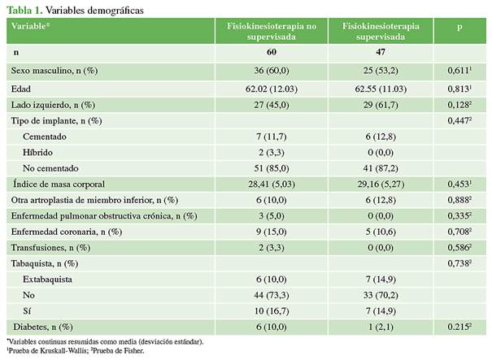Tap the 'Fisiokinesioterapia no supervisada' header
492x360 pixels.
[x=272, y=32]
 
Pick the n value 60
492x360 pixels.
[x=272, y=53]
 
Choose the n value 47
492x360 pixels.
[x=381, y=53]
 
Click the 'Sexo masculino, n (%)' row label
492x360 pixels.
[x=54, y=71]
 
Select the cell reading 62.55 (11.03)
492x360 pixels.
[x=381, y=88]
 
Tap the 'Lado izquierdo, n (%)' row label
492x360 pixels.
[x=53, y=105]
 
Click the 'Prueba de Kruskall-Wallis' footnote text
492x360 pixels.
[x=49, y=350]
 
